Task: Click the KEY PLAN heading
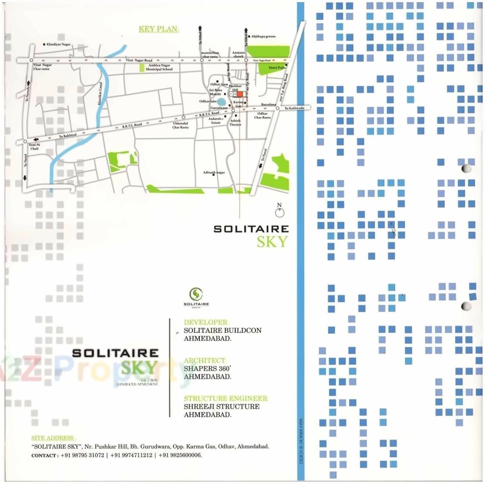pos(158,29)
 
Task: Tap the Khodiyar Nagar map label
pos(58,44)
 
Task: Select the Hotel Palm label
pos(277,68)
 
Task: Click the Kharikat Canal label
pos(100,94)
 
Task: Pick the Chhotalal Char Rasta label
pos(180,125)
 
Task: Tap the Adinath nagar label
pos(214,172)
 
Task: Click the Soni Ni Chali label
pos(34,147)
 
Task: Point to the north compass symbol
pos(280,211)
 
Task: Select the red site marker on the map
pos(239,94)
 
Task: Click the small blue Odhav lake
pos(221,102)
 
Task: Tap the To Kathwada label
pos(294,108)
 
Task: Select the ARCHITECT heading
pos(204,360)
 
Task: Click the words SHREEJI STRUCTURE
pos(221,406)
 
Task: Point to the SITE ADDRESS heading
pos(52,438)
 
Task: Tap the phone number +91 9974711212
pos(131,455)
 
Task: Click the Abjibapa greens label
pos(263,37)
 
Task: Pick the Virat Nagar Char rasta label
pos(42,67)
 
